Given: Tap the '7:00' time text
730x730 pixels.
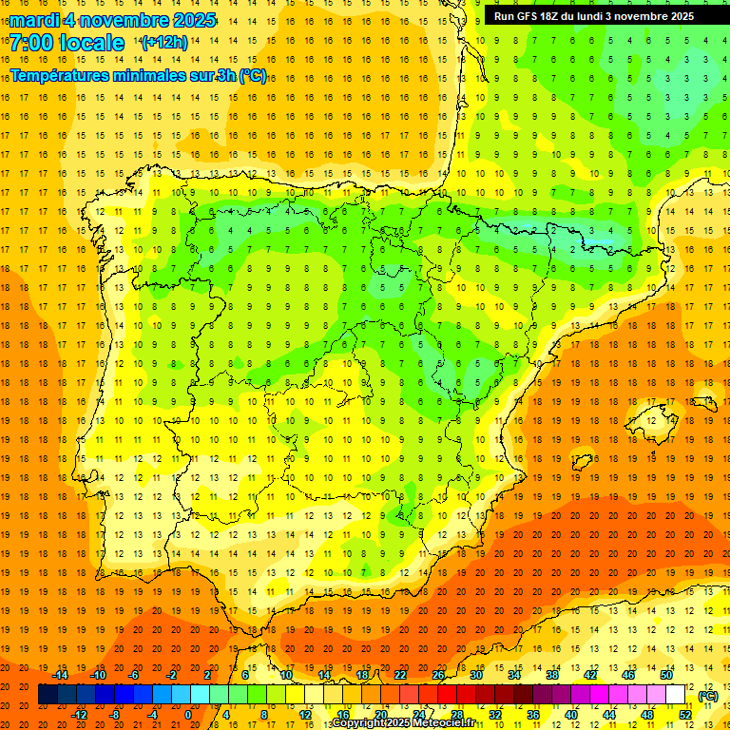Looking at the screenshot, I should point(30,43).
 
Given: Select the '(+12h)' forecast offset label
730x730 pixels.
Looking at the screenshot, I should point(164,42).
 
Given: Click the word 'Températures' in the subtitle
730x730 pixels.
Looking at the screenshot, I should point(58,75).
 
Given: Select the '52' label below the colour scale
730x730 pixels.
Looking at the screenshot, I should point(684,715).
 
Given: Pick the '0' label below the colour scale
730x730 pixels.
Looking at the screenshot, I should point(188,715).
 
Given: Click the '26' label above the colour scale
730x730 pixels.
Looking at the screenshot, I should point(438,675).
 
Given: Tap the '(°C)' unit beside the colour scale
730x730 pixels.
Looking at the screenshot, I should point(707,696).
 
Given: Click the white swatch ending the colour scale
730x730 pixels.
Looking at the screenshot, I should point(675,695).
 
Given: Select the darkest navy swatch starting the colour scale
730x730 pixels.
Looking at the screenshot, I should point(48,695).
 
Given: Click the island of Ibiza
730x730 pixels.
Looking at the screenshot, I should point(582,463).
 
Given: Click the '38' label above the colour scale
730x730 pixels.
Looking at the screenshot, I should point(551,675).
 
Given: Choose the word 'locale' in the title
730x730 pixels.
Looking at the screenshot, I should point(91,43).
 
